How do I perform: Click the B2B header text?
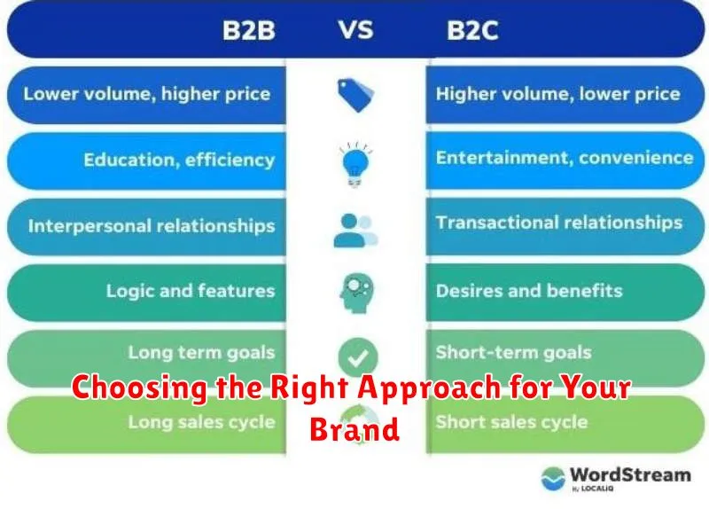tap(249, 31)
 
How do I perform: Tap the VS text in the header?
tap(356, 30)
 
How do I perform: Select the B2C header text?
tap(472, 31)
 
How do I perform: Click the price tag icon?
tap(356, 95)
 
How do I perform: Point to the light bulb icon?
tap(356, 164)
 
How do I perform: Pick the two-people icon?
tap(355, 231)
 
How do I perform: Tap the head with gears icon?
tap(357, 293)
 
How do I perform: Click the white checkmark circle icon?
tap(358, 357)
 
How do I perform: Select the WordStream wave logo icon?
tap(553, 479)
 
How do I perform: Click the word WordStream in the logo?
tap(630, 475)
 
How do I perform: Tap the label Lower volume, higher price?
tap(147, 94)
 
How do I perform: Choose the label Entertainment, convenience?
tap(565, 158)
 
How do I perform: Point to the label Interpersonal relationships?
tap(152, 226)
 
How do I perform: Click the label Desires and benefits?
tap(529, 291)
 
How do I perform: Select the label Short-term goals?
tap(513, 352)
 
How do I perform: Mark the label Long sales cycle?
tap(202, 422)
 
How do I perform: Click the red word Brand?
tap(354, 429)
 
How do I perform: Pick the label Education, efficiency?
tap(179, 161)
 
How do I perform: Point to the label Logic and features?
tap(191, 291)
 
